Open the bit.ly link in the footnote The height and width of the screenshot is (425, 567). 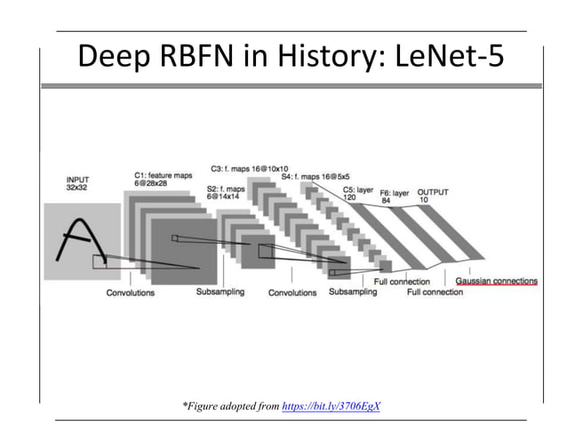pos(331,405)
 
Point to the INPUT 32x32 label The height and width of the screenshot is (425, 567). pos(79,184)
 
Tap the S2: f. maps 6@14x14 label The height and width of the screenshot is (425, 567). pos(226,193)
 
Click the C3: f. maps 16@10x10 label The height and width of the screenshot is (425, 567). pos(249,168)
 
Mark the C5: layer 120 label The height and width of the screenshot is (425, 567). pos(358,193)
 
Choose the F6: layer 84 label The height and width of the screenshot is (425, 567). pos(394,196)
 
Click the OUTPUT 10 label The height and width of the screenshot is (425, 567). pos(433,196)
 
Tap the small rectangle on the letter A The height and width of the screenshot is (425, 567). pos(100,261)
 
